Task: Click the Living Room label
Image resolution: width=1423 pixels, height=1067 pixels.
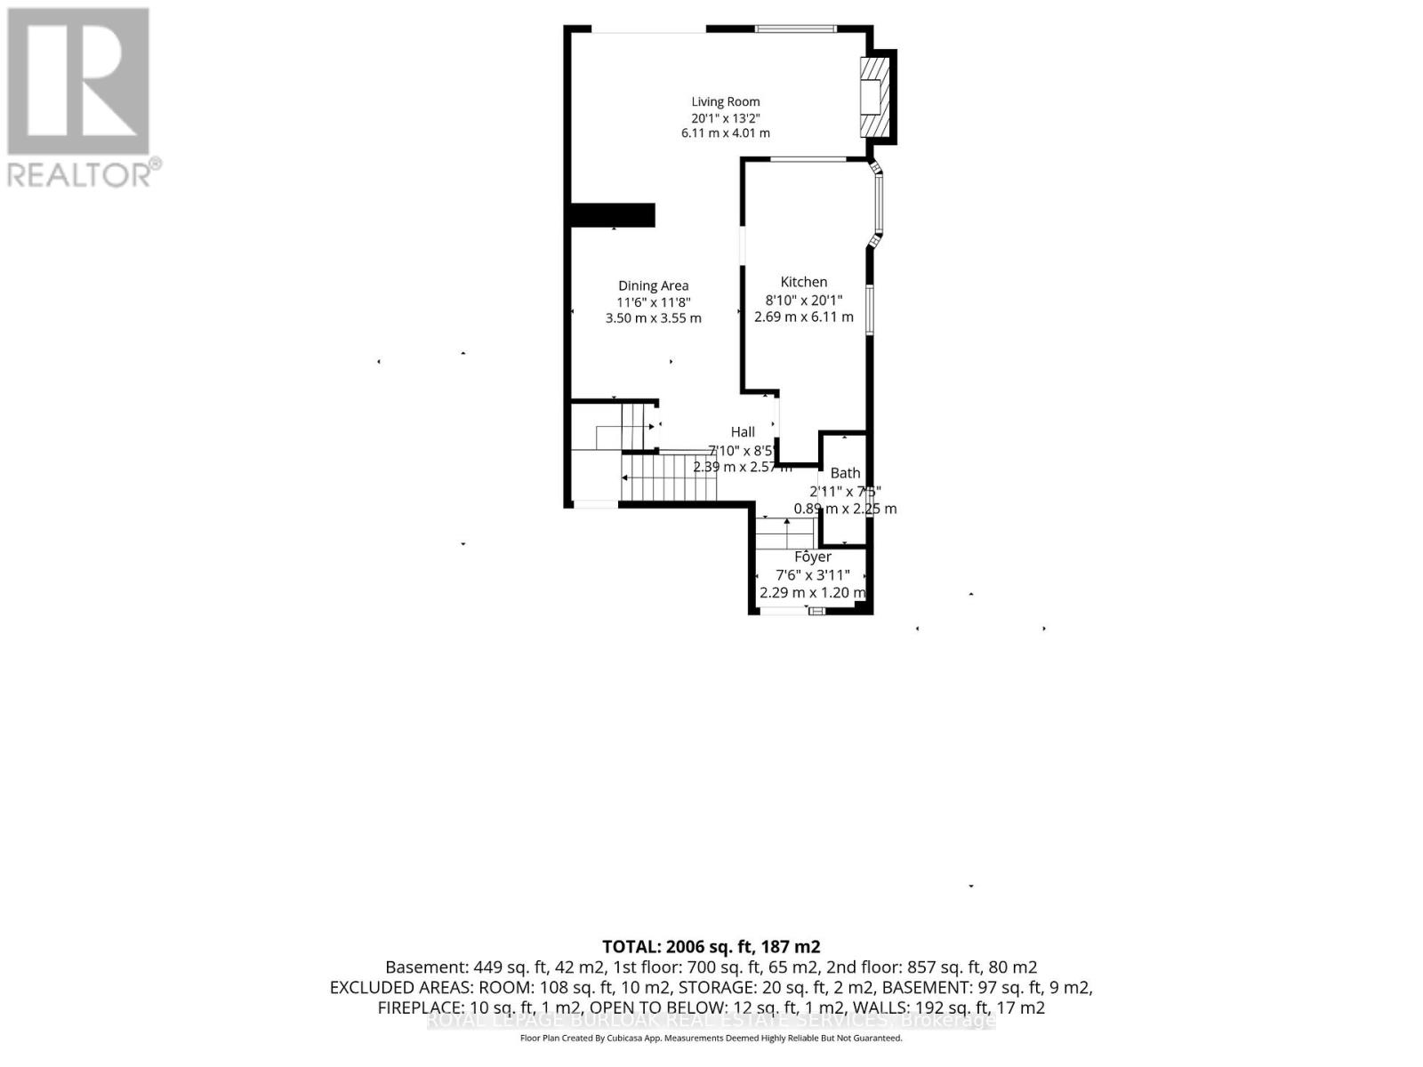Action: tap(726, 101)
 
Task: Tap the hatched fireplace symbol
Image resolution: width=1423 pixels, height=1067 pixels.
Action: tap(873, 97)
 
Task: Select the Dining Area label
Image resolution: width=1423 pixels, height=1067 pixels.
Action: tap(654, 285)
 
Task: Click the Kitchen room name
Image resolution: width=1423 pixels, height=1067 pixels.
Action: tap(803, 282)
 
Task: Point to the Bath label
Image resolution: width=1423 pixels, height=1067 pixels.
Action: tap(845, 473)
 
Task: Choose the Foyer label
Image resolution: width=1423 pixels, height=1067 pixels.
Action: tap(812, 557)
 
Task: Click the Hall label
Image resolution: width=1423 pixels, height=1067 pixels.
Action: tap(743, 432)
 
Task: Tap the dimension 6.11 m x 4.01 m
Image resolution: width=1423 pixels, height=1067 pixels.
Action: tap(726, 133)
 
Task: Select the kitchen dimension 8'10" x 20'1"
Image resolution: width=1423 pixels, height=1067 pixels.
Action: tap(803, 301)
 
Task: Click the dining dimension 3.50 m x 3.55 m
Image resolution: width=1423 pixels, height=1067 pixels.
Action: tap(654, 318)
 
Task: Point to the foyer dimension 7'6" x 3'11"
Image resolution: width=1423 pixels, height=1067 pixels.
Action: tap(812, 575)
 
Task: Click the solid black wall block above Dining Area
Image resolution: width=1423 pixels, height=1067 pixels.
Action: tap(612, 215)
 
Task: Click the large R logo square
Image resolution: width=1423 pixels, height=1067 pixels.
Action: tap(78, 81)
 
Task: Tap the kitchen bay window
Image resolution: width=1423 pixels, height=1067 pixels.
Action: tap(878, 205)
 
